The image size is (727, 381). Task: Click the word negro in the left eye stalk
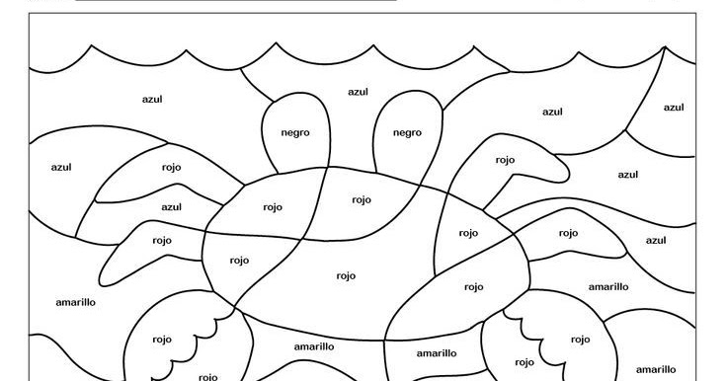[295, 132]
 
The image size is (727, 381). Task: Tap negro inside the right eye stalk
[407, 132]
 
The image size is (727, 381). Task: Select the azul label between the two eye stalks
[358, 92]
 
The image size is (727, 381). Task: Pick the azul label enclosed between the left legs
[172, 206]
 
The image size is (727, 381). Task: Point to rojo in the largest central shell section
[346, 275]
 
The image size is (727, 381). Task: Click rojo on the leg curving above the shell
[505, 159]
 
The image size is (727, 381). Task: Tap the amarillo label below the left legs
[75, 302]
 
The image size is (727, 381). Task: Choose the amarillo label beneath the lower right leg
[608, 286]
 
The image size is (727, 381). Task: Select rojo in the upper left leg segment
[172, 167]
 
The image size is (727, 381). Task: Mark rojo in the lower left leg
[162, 240]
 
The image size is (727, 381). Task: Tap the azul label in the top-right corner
[674, 108]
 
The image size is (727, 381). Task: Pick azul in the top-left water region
[152, 99]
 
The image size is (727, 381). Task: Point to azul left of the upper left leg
[61, 167]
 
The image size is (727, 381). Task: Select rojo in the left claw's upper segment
[162, 340]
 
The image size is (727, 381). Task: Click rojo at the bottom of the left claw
[208, 376]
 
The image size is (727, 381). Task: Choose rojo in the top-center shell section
[362, 199]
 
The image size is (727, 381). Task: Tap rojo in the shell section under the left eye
[273, 207]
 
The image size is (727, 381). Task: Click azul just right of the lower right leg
[656, 240]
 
